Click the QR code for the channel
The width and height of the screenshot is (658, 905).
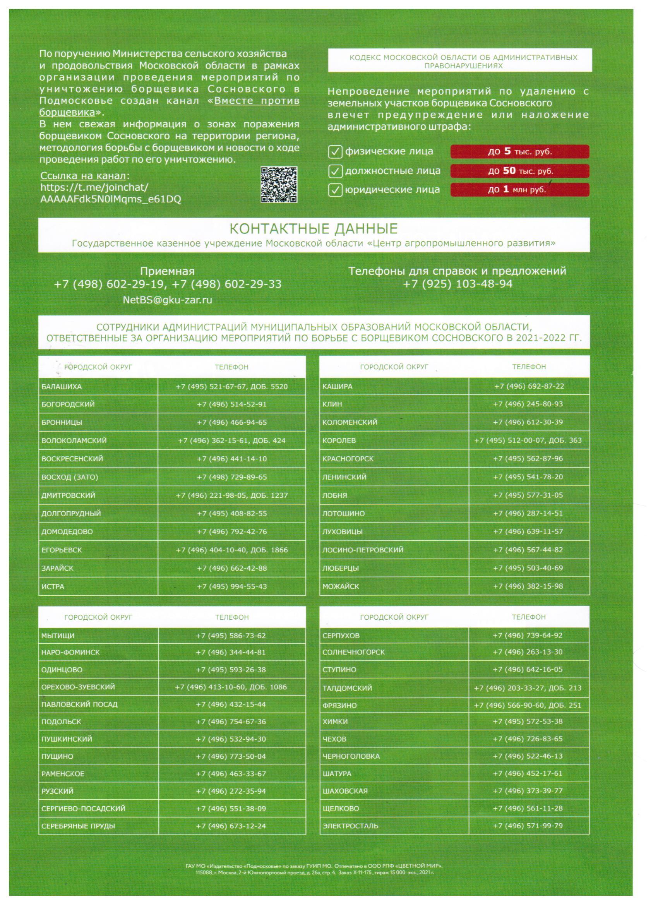point(279,185)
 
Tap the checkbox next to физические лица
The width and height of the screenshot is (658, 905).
point(335,152)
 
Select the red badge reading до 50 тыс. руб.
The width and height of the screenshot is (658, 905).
point(519,171)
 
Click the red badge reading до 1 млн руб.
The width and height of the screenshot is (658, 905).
point(519,190)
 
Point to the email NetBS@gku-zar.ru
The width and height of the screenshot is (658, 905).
point(168,300)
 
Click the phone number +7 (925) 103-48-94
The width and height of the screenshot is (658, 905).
point(457,284)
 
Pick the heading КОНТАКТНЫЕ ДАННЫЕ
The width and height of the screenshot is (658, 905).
point(314,229)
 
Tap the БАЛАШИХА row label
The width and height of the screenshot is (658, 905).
point(62,387)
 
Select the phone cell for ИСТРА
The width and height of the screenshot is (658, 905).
point(231,586)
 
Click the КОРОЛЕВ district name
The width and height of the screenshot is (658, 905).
point(339,441)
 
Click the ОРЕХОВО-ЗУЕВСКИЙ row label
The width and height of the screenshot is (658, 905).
point(78,687)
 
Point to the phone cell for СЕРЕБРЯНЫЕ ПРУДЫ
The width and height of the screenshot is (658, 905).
point(231,826)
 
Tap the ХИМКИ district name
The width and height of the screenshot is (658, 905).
point(335,722)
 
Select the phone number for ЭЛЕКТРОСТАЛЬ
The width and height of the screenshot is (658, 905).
point(528,826)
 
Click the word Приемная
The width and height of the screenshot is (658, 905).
point(167,272)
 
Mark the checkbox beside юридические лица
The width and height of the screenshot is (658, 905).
point(335,190)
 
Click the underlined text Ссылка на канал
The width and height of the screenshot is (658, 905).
point(83,176)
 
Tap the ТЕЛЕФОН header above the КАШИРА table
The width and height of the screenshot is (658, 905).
point(529,367)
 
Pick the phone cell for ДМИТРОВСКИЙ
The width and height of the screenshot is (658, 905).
point(231,495)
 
